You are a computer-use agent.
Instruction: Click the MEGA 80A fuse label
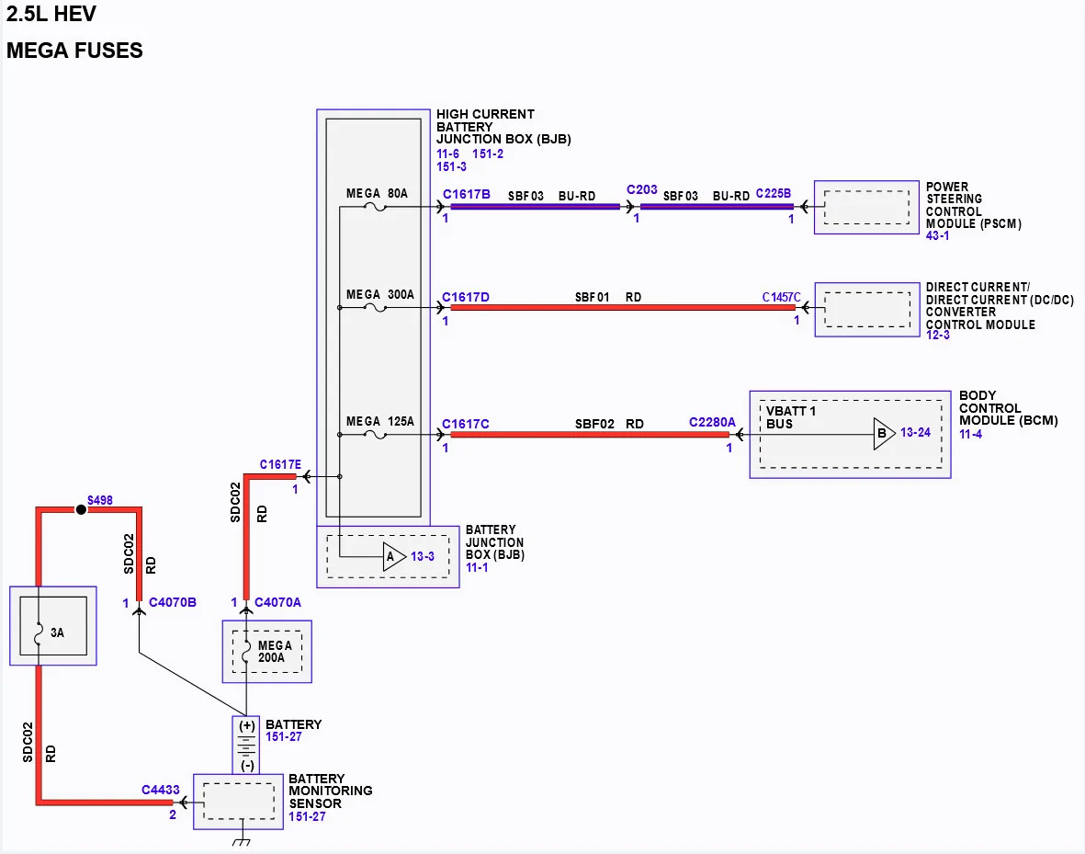point(377,194)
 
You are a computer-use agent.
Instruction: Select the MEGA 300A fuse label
point(380,295)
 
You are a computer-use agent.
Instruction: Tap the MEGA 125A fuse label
point(380,422)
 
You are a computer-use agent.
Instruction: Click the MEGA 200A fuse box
point(267,652)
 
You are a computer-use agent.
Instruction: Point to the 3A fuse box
point(53,626)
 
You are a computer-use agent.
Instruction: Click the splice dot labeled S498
point(81,510)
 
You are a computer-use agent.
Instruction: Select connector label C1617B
point(467,195)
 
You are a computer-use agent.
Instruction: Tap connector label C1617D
point(466,297)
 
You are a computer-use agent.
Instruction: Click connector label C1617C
point(466,424)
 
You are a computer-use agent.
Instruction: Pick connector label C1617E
point(280,465)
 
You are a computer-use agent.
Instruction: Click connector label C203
point(642,189)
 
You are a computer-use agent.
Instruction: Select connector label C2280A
point(712,423)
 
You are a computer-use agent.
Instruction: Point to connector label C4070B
point(173,602)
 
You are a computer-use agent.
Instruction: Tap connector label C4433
point(161,791)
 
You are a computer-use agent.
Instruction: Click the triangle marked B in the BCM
point(885,434)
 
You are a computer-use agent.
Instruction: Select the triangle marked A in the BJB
point(394,557)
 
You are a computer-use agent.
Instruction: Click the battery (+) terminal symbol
point(247,726)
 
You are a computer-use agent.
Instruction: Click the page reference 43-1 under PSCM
point(938,236)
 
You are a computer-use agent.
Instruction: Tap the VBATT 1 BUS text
point(791,417)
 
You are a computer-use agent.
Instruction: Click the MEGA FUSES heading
point(74,51)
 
